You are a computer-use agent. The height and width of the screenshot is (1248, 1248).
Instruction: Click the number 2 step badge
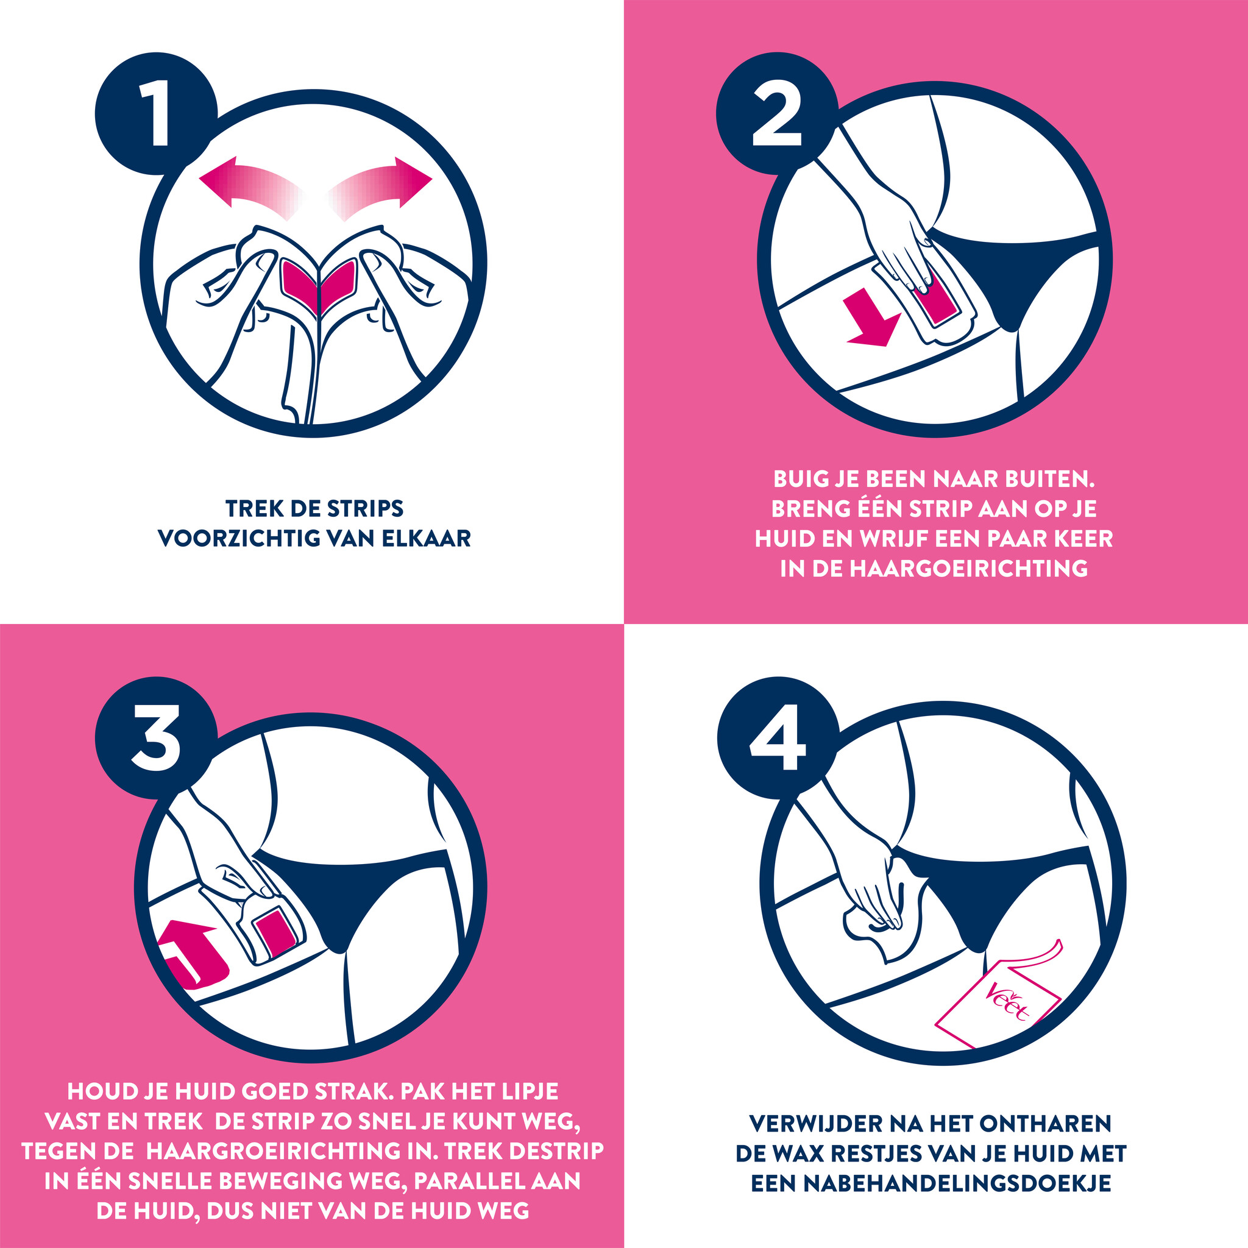[x=778, y=114]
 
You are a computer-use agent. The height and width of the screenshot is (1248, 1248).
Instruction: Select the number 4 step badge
[x=778, y=738]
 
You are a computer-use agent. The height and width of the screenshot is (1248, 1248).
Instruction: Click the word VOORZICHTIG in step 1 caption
[x=238, y=538]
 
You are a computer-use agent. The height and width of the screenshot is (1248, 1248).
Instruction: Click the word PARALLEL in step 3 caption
[x=464, y=1181]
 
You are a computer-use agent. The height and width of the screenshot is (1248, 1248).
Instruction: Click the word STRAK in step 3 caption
[x=355, y=1091]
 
